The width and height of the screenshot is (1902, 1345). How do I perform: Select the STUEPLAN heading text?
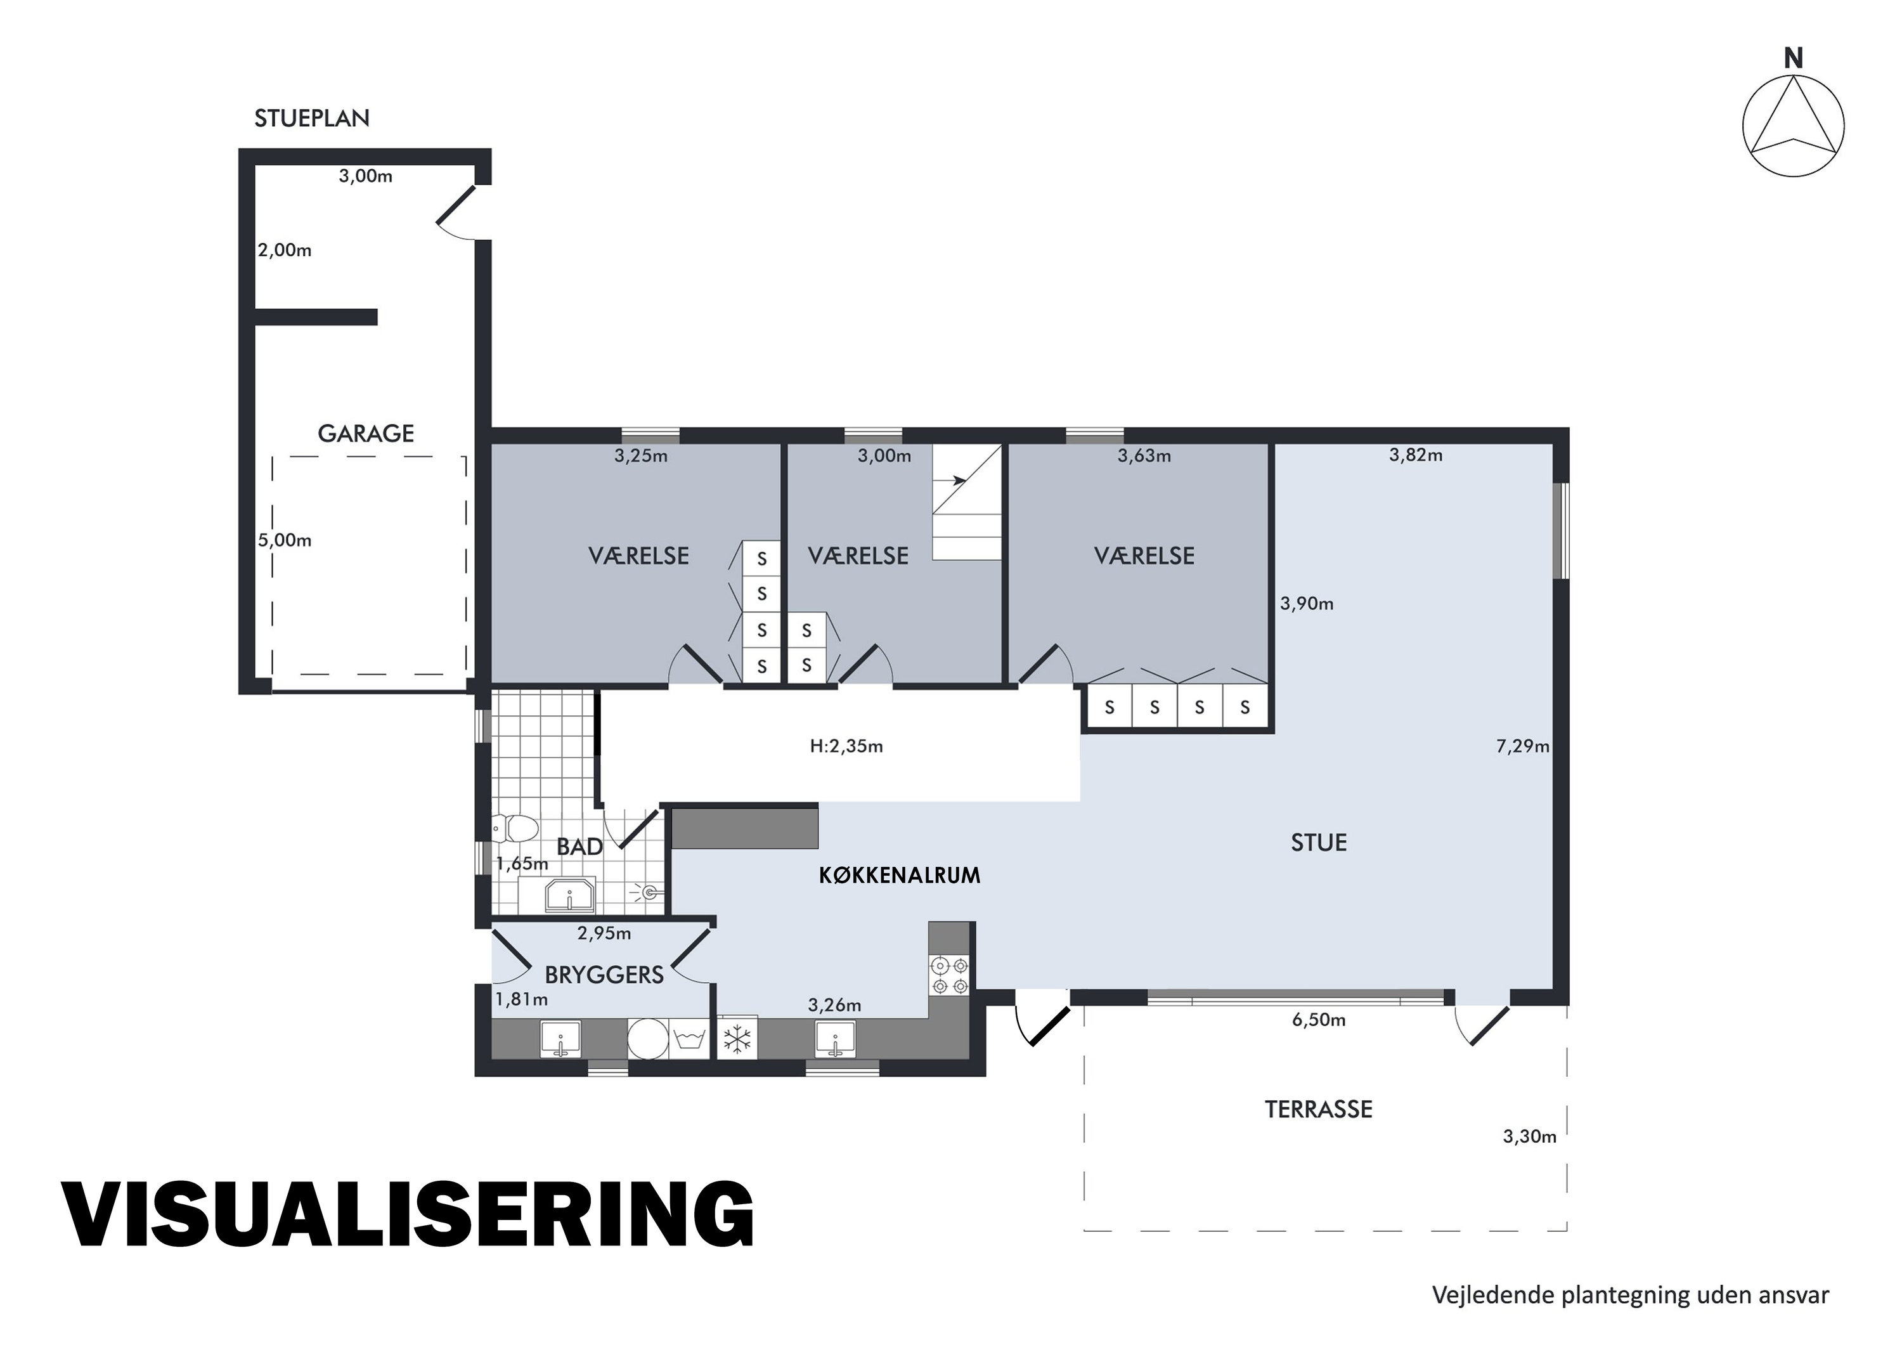point(311,119)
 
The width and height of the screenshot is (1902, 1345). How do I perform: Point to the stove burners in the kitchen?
point(949,975)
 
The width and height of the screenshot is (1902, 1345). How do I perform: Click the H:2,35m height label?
point(846,746)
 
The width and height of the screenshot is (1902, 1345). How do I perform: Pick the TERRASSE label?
point(1318,1110)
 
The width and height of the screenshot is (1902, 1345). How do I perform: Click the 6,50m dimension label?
point(1319,1020)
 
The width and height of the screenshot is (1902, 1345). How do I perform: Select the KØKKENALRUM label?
point(900,875)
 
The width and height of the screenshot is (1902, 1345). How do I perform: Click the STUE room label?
point(1319,843)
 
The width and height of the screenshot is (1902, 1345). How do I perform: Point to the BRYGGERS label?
point(604,975)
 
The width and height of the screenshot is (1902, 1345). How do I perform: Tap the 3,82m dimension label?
point(1416,455)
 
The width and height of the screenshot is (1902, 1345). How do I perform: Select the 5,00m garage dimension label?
point(284,540)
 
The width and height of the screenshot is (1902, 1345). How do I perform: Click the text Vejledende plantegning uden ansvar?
point(1630,1294)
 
